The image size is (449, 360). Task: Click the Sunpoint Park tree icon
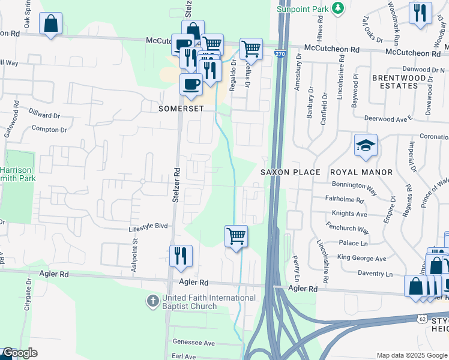tap(339, 7)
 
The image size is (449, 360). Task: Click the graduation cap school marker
tap(366, 145)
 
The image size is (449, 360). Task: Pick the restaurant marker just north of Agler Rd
tap(181, 256)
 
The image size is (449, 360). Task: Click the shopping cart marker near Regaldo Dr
tap(251, 49)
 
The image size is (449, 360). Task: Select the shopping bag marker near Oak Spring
tap(51, 24)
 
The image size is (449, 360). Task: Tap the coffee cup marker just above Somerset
tap(191, 85)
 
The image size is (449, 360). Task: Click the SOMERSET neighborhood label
tap(181, 109)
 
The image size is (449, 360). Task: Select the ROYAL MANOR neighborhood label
tap(361, 172)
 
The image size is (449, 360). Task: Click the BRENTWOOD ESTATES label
tap(394, 82)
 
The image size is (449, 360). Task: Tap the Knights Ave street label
tap(349, 214)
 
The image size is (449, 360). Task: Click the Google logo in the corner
tap(19, 353)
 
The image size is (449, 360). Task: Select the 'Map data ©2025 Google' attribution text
tap(411, 355)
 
